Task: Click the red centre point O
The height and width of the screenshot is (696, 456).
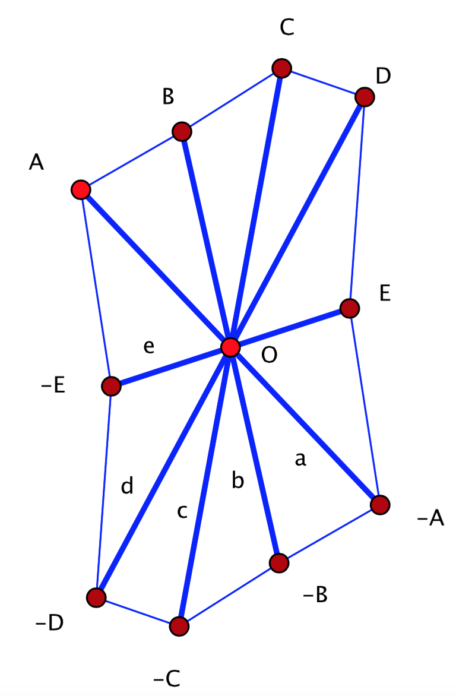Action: point(230,347)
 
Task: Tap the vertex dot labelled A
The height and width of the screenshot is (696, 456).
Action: point(80,190)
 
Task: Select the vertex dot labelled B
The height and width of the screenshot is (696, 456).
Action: point(182,131)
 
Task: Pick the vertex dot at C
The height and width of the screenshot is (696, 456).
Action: point(281,68)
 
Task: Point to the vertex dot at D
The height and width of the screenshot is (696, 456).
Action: point(365,97)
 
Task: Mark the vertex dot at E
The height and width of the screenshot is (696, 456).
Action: point(350,308)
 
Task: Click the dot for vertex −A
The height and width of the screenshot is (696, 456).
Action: point(380,505)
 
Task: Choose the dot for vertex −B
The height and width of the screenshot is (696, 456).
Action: point(278,562)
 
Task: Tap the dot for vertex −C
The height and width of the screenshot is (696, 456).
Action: point(179,625)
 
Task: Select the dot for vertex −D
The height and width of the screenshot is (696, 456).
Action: point(96,597)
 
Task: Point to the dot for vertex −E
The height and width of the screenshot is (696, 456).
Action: point(110,387)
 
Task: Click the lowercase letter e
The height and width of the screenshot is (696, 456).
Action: point(149,347)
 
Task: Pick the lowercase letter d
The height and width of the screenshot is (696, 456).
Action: point(127,486)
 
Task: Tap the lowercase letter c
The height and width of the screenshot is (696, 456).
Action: point(182,511)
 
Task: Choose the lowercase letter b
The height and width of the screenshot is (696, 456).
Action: point(237,481)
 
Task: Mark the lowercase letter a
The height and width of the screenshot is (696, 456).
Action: point(300,459)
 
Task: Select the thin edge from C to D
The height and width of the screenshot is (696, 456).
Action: point(323,83)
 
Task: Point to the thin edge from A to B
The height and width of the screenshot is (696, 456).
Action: point(131,161)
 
